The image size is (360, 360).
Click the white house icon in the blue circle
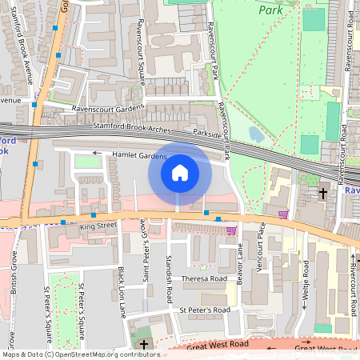[x=180, y=173]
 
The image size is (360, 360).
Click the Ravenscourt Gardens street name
[x=108, y=108]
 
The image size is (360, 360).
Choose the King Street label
[x=98, y=227]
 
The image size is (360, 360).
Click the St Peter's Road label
[x=205, y=310]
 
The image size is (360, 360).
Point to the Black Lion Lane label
[x=122, y=293]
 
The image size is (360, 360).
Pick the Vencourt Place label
[x=259, y=254]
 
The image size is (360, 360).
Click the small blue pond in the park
[x=255, y=134]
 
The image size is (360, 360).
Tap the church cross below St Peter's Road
[x=143, y=345]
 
